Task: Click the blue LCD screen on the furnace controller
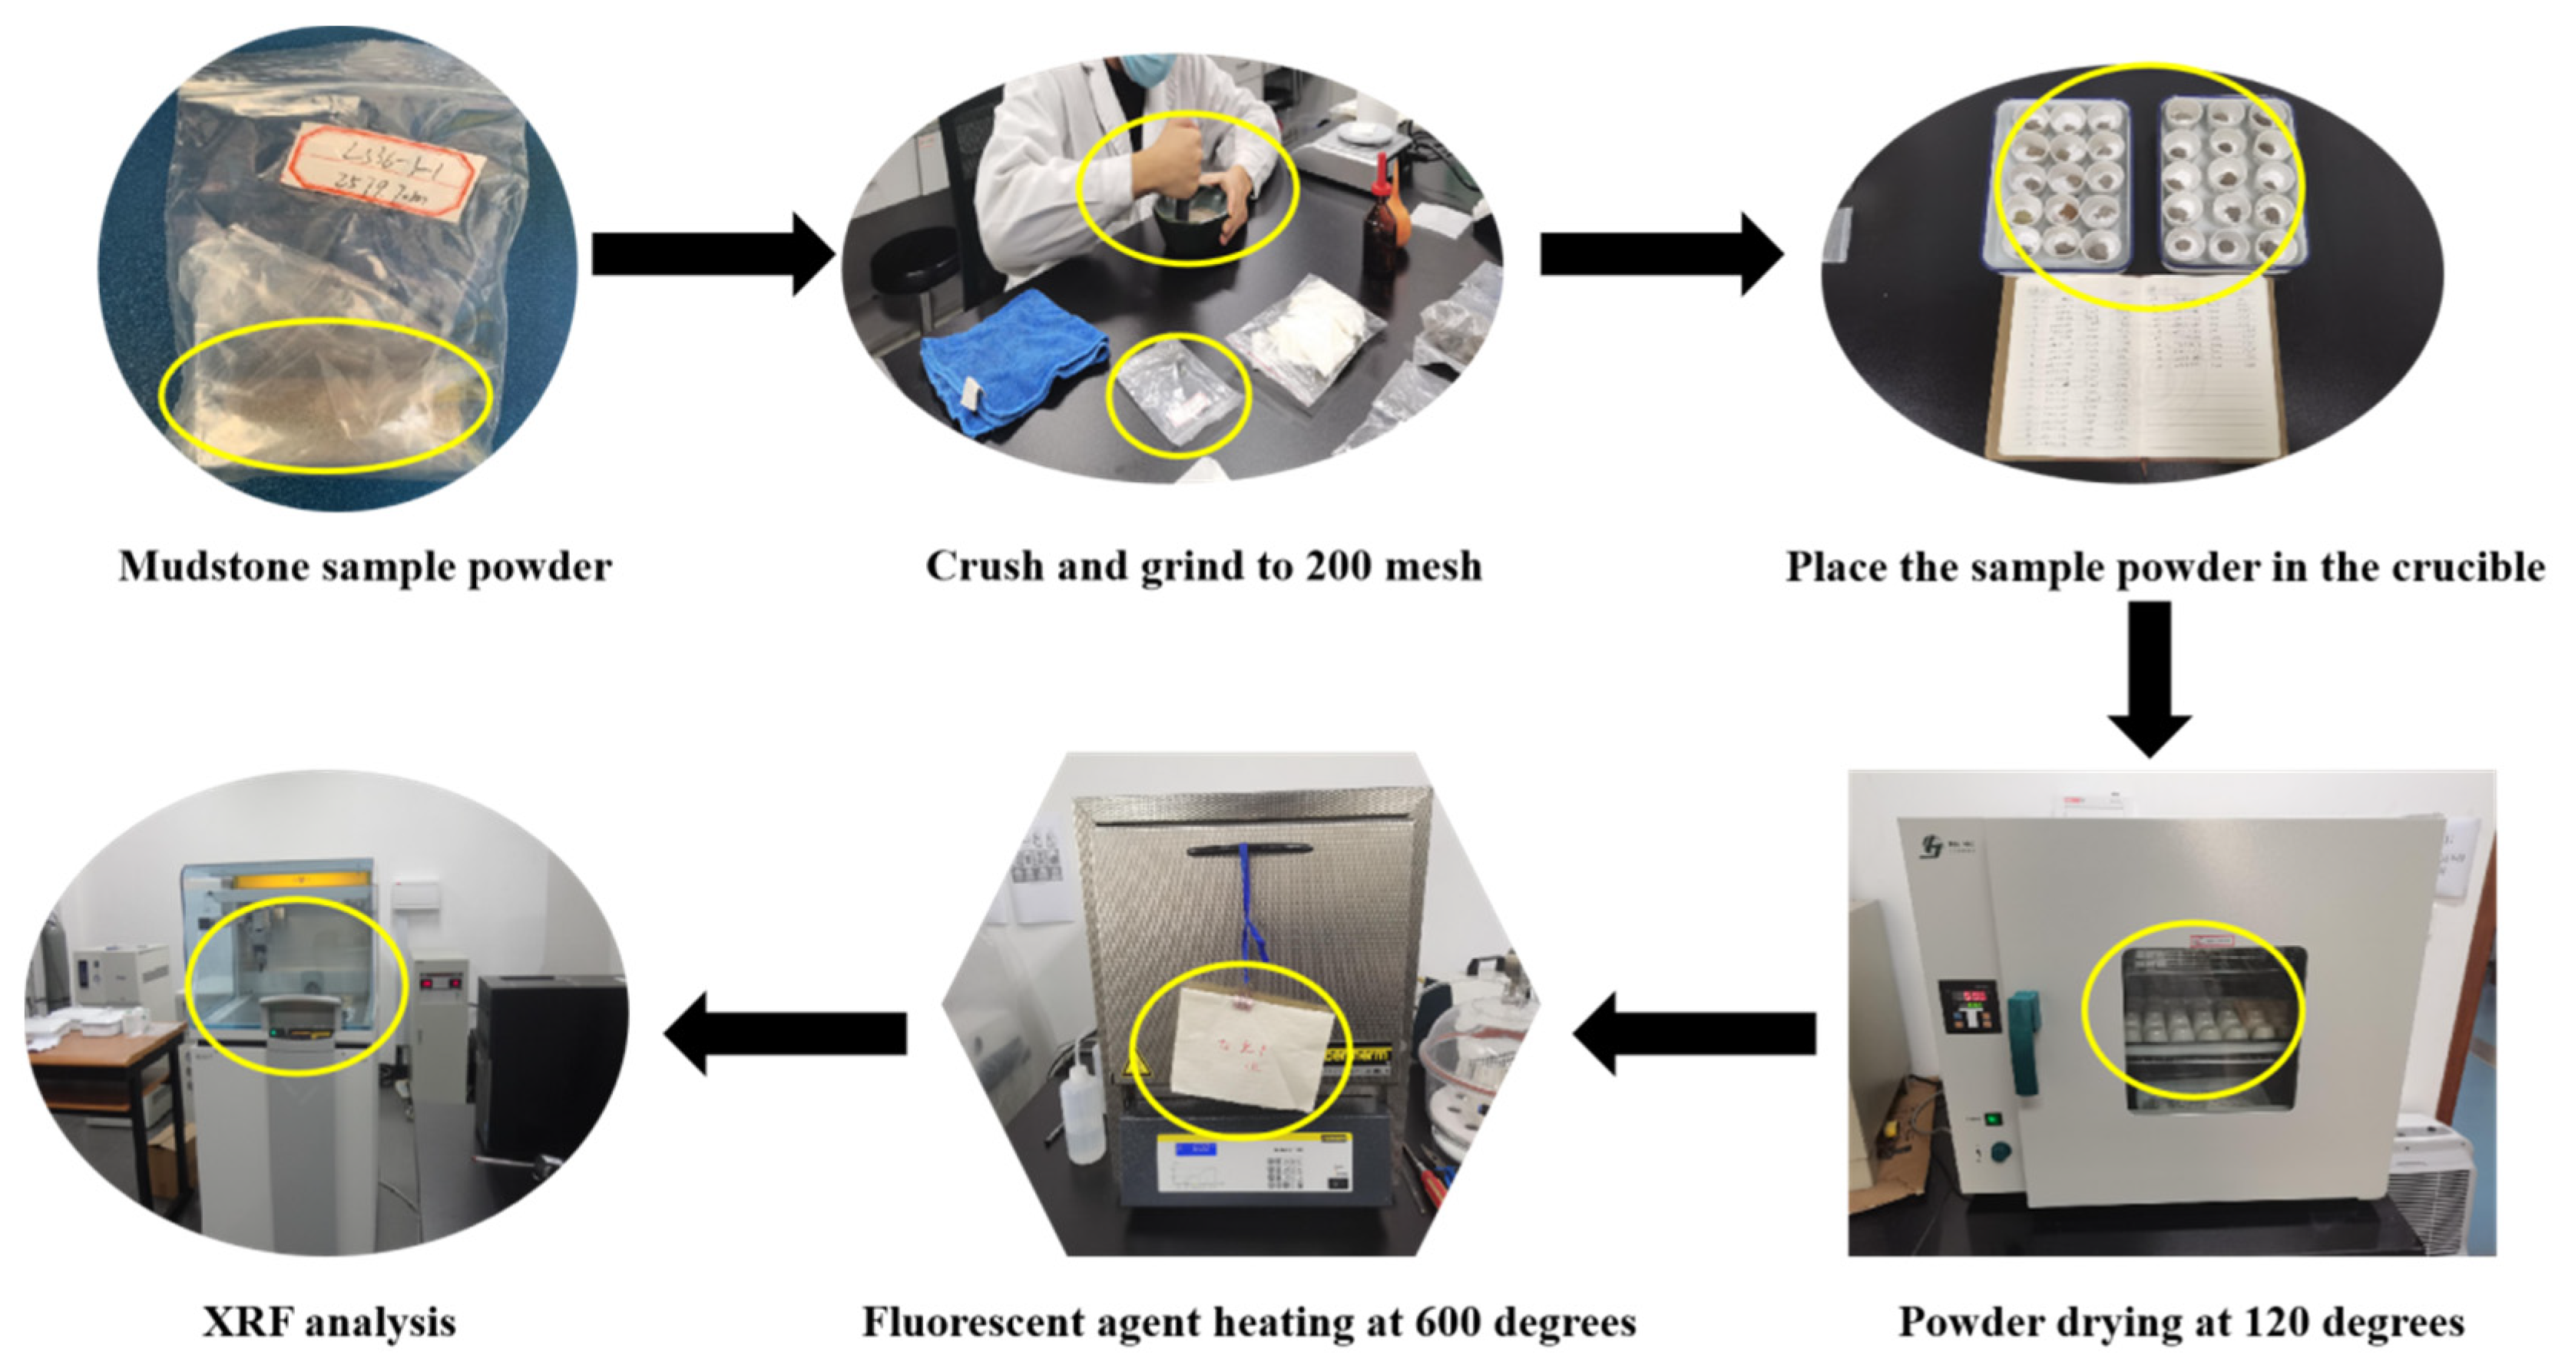tap(1195, 1149)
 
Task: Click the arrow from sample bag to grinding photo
tap(712, 255)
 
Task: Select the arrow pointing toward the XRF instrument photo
tap(786, 1033)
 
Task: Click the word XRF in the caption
tap(248, 1323)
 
